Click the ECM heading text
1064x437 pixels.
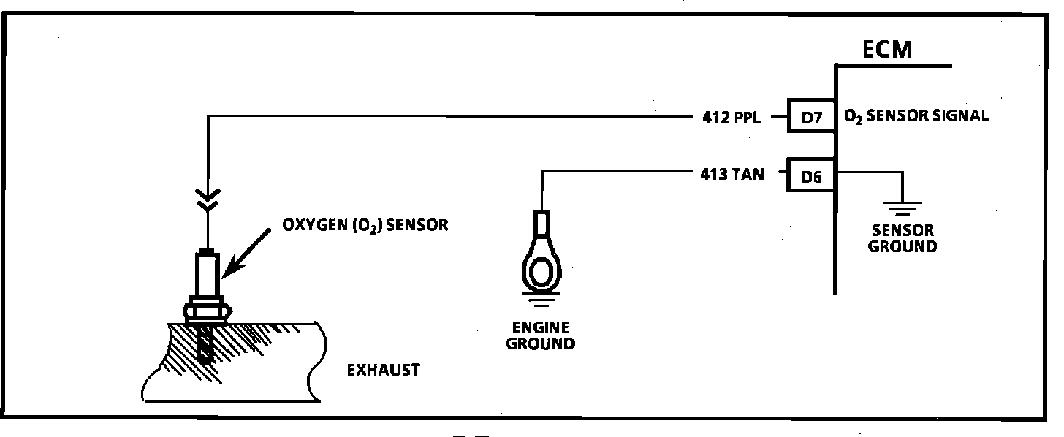point(888,51)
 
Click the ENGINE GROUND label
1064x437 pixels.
point(540,335)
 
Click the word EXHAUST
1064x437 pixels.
point(383,370)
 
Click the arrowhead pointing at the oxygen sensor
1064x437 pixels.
point(227,272)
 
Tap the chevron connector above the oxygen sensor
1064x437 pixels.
point(208,199)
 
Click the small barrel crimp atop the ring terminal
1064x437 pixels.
point(541,222)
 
